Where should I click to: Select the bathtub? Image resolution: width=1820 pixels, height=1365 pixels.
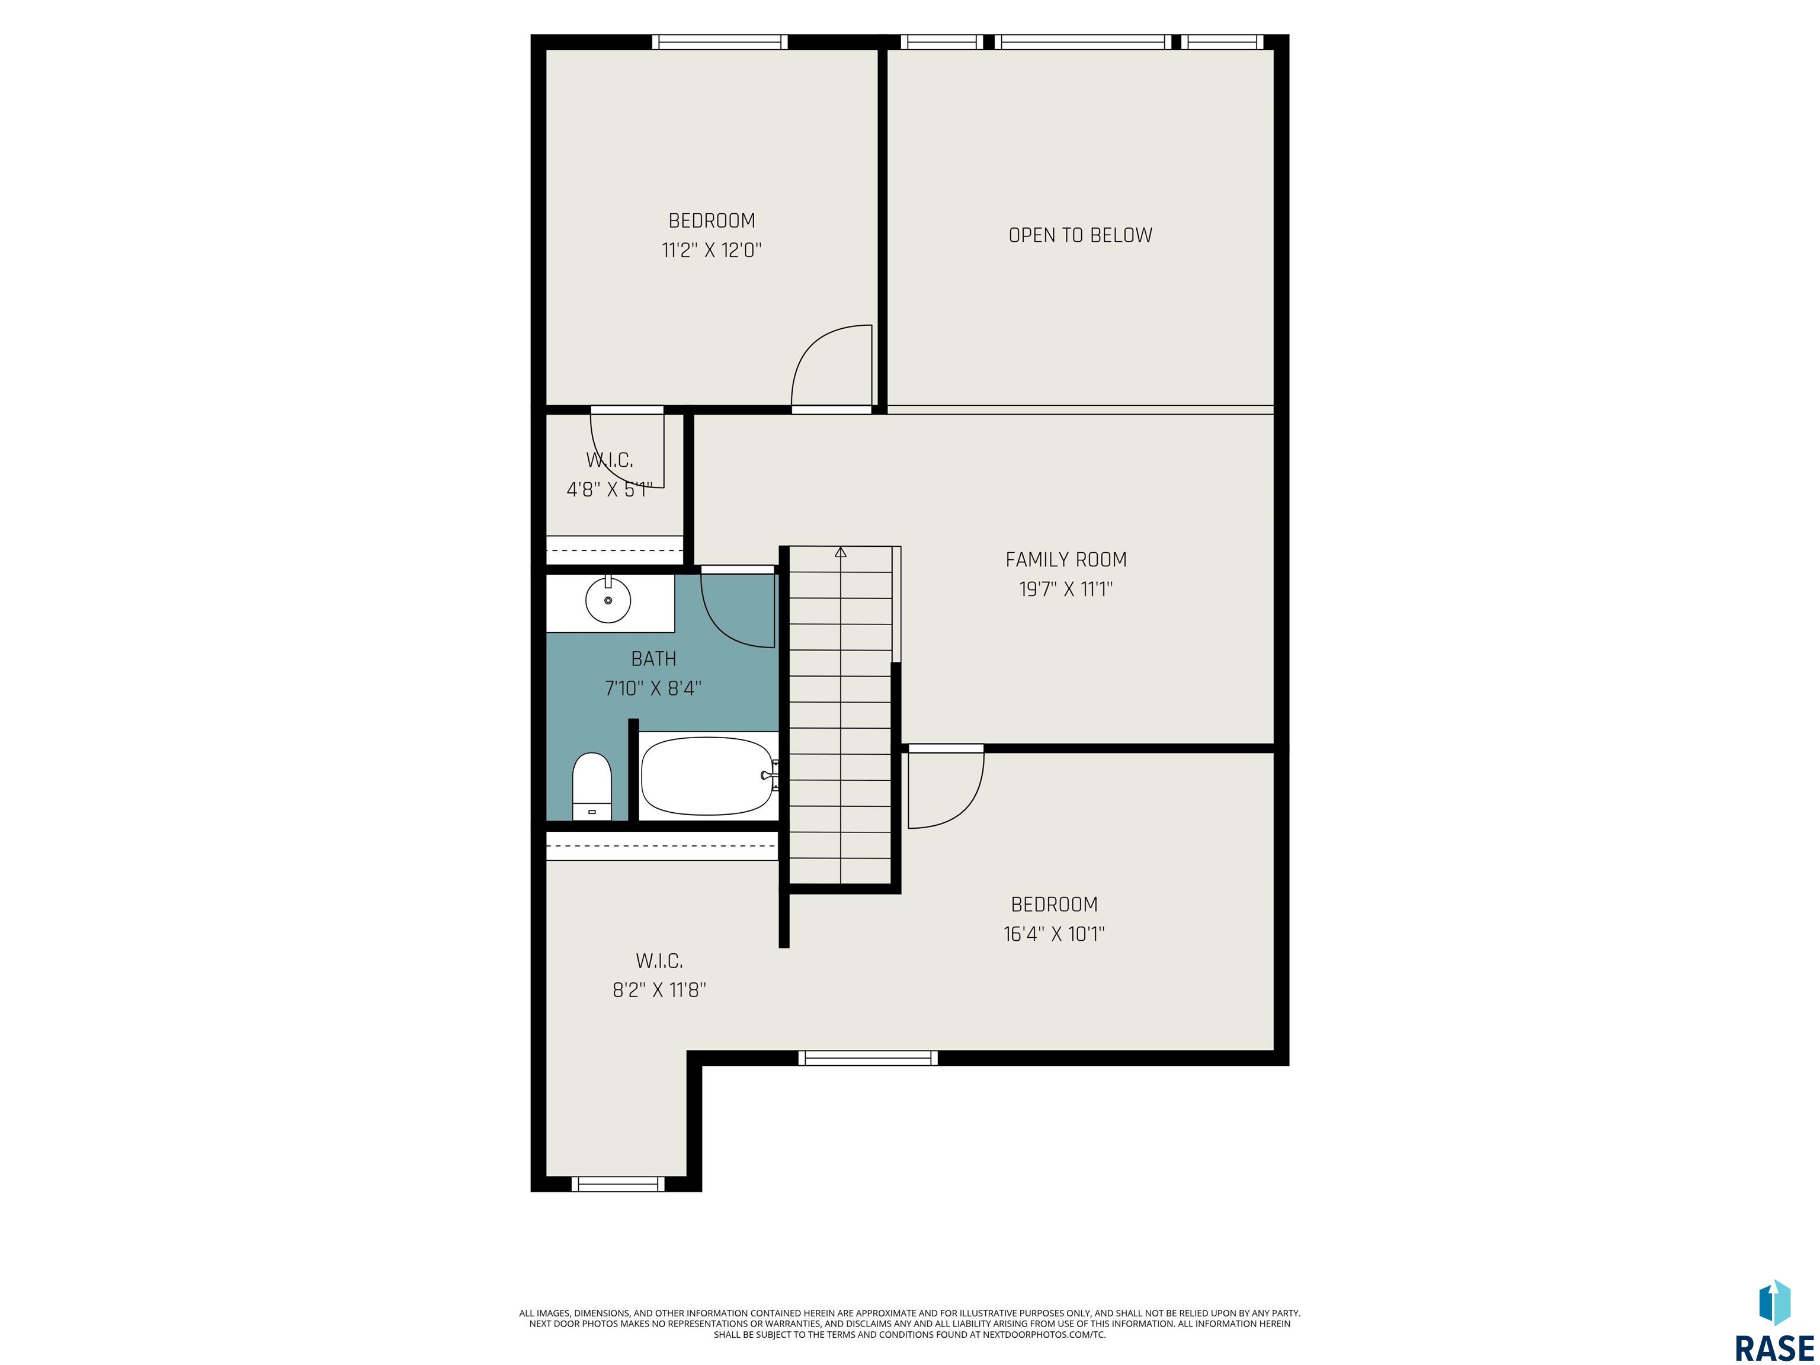click(x=709, y=776)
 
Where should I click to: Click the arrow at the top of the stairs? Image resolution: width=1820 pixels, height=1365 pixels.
click(x=840, y=552)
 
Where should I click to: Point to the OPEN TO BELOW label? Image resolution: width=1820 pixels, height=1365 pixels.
click(x=1080, y=235)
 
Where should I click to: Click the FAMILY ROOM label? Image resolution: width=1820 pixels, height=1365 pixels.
click(x=1065, y=559)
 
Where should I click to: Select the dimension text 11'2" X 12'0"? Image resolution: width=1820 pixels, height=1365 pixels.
click(x=712, y=250)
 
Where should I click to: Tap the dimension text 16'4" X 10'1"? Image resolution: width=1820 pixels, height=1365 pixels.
click(x=1054, y=934)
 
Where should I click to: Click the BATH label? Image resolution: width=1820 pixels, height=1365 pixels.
click(x=653, y=658)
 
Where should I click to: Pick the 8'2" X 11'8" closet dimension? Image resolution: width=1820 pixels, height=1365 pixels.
click(x=659, y=990)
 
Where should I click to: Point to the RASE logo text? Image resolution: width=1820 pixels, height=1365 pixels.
click(x=1774, y=1348)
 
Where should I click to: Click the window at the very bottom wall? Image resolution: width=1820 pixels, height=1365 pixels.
click(x=618, y=1184)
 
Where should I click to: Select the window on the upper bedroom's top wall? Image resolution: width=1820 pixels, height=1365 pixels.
click(x=720, y=42)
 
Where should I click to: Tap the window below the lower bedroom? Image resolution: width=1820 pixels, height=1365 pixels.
click(x=868, y=1058)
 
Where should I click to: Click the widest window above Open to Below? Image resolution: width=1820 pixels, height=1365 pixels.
click(x=1083, y=42)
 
